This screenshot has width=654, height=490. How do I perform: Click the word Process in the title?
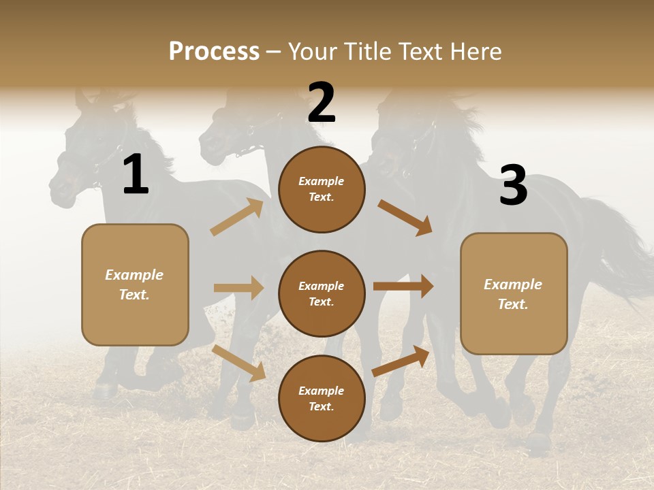[214, 52]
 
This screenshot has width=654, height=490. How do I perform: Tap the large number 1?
[136, 175]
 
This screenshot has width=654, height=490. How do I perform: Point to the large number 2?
[322, 103]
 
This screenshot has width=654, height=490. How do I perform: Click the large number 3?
[513, 185]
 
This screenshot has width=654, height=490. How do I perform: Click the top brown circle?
[322, 189]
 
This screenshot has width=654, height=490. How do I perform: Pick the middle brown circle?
[322, 294]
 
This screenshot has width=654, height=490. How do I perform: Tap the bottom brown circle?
[322, 399]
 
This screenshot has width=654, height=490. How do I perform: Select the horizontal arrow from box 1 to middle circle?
[238, 288]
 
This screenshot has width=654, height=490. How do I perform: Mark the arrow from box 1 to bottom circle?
[239, 363]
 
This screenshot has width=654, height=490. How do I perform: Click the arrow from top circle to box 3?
[405, 217]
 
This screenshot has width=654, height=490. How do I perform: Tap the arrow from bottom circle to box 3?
[401, 361]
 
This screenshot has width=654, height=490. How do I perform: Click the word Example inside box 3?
[513, 284]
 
